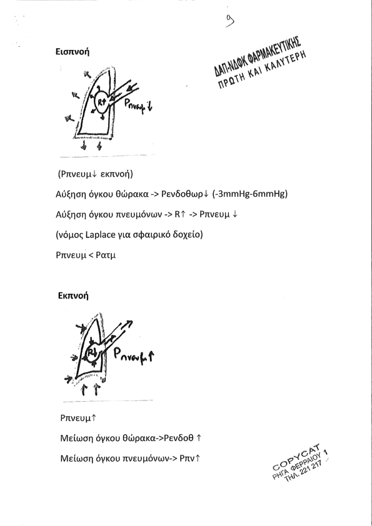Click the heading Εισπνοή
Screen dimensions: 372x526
coord(73,52)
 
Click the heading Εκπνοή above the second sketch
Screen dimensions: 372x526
coord(73,295)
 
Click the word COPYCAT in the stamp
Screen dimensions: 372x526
coord(296,457)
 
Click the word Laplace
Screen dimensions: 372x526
coord(99,234)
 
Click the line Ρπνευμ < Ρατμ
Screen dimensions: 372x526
coord(86,255)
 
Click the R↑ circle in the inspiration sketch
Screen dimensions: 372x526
coord(101,102)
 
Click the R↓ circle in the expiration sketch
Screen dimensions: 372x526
coord(91,353)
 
